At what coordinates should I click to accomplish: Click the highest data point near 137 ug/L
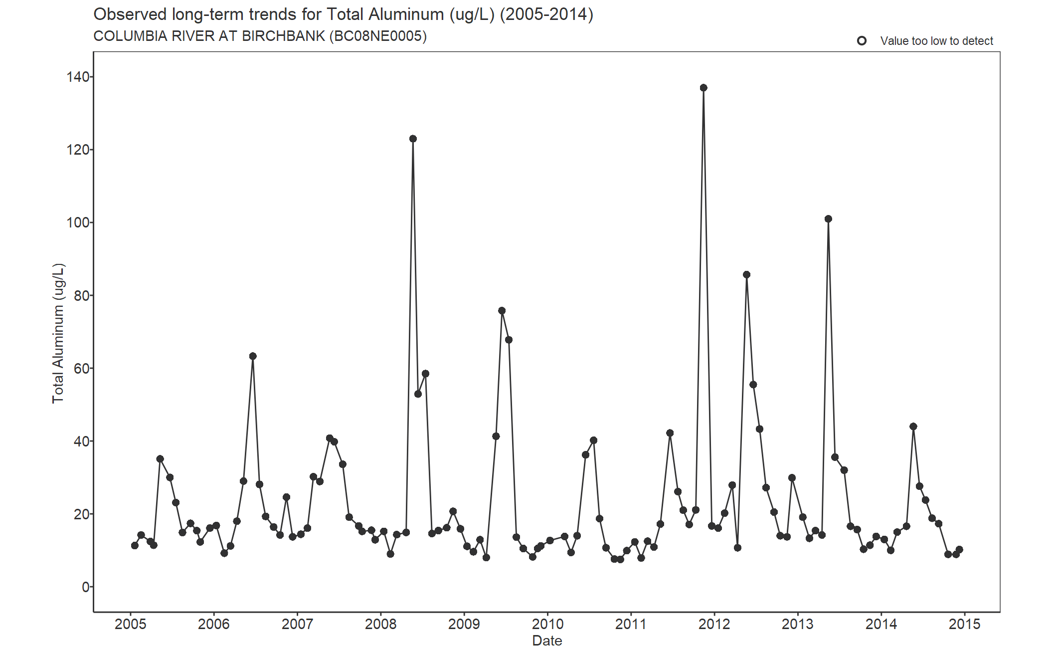coord(703,88)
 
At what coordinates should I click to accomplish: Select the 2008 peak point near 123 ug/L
coord(413,139)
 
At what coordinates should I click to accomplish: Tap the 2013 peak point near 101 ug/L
coord(828,219)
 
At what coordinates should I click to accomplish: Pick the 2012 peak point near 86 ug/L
coord(746,275)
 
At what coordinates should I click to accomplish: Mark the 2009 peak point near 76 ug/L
coord(502,311)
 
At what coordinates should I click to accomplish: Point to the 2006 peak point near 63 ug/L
coord(253,356)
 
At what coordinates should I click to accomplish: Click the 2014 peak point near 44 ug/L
coord(913,427)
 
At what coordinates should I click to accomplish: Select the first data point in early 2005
coord(135,546)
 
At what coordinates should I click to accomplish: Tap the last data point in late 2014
coord(959,550)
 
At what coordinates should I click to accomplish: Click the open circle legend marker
coord(862,41)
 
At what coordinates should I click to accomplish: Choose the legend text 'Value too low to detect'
coord(936,41)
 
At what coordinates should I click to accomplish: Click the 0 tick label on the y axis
coord(86,587)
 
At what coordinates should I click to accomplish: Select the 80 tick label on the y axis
coord(81,296)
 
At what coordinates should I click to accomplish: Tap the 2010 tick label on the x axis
coord(547,624)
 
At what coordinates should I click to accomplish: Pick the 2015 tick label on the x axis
coord(964,624)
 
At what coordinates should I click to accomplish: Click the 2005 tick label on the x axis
coord(131,624)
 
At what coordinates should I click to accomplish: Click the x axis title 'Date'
coord(547,641)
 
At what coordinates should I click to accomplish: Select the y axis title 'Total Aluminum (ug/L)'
coord(58,333)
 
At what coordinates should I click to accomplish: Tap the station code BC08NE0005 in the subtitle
coord(378,36)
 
